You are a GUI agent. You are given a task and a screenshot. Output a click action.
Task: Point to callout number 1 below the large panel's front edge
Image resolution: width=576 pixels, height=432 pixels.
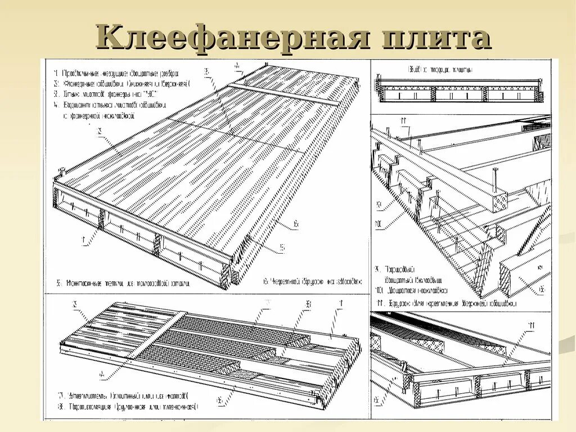pyautogui.click(x=83, y=242)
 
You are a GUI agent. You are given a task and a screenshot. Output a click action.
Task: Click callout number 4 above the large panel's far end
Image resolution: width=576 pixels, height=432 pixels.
pyautogui.click(x=237, y=65)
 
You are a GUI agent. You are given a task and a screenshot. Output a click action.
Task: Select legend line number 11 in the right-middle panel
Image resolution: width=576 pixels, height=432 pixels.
pyautogui.click(x=444, y=303)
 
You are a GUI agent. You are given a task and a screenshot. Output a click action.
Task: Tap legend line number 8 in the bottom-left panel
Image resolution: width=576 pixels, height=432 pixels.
pyautogui.click(x=129, y=406)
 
